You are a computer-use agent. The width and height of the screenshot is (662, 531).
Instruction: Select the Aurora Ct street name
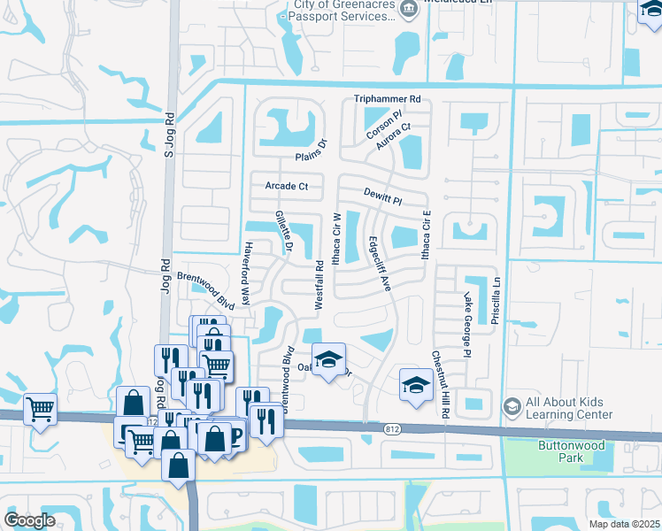click(395, 138)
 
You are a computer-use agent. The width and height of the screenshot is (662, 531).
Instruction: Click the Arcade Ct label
click(286, 187)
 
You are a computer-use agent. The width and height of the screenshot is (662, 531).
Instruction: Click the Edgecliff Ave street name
click(379, 263)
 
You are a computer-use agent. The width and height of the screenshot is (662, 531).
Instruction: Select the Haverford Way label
click(247, 273)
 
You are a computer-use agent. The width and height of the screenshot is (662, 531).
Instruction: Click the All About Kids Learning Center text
click(568, 408)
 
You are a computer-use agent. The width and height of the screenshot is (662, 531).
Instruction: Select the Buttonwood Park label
click(560, 451)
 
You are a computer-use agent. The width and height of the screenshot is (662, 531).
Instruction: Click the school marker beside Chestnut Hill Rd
click(413, 385)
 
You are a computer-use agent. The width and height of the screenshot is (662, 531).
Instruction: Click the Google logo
click(29, 520)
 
